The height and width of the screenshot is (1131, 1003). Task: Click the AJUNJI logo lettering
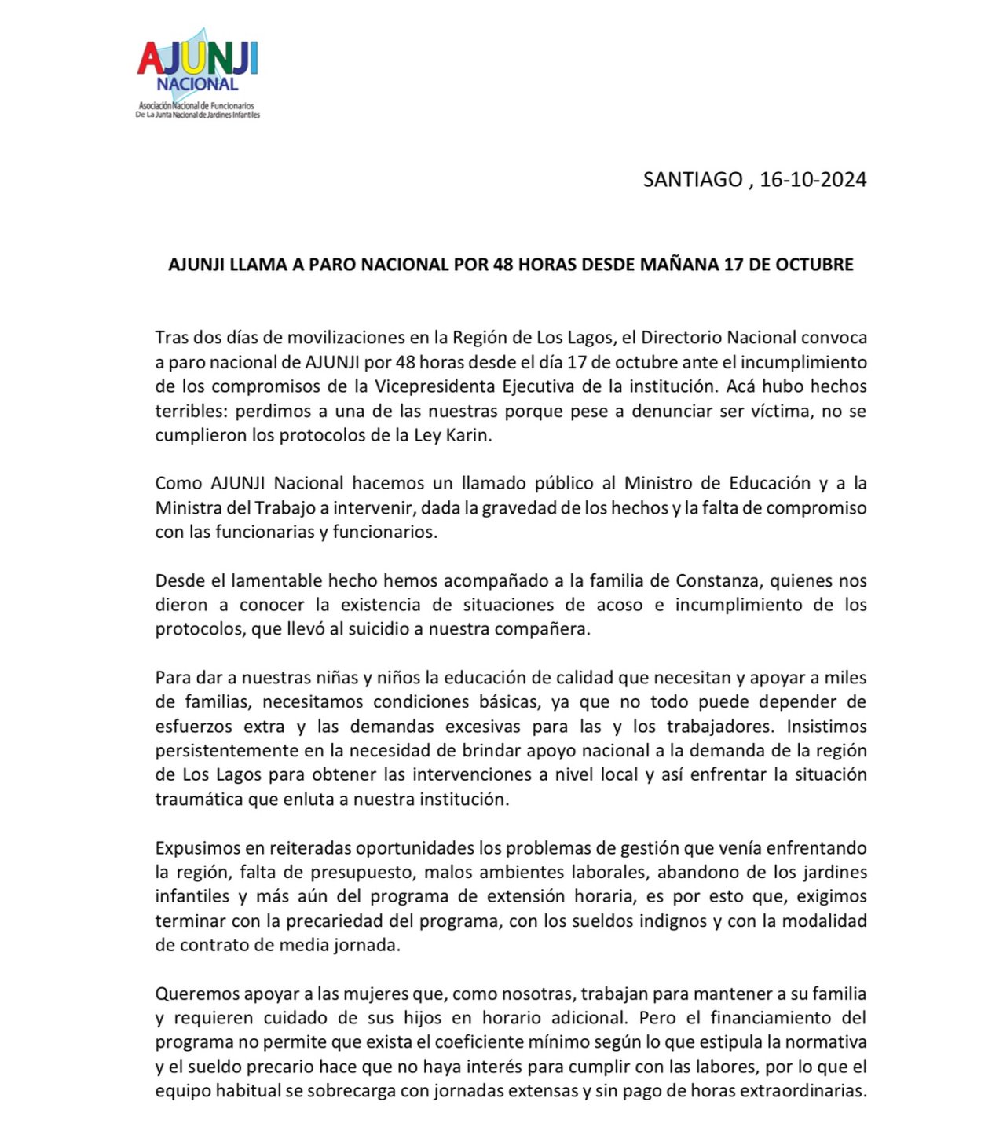click(x=198, y=58)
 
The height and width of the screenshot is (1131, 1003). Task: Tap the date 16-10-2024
click(x=813, y=180)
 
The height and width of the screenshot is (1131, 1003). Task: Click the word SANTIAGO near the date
click(x=692, y=180)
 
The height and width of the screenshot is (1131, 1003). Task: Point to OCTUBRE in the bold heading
click(x=814, y=265)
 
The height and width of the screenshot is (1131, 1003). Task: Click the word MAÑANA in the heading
click(x=679, y=265)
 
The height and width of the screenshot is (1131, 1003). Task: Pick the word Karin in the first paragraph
click(x=469, y=436)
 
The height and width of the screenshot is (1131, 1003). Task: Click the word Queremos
click(x=196, y=994)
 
